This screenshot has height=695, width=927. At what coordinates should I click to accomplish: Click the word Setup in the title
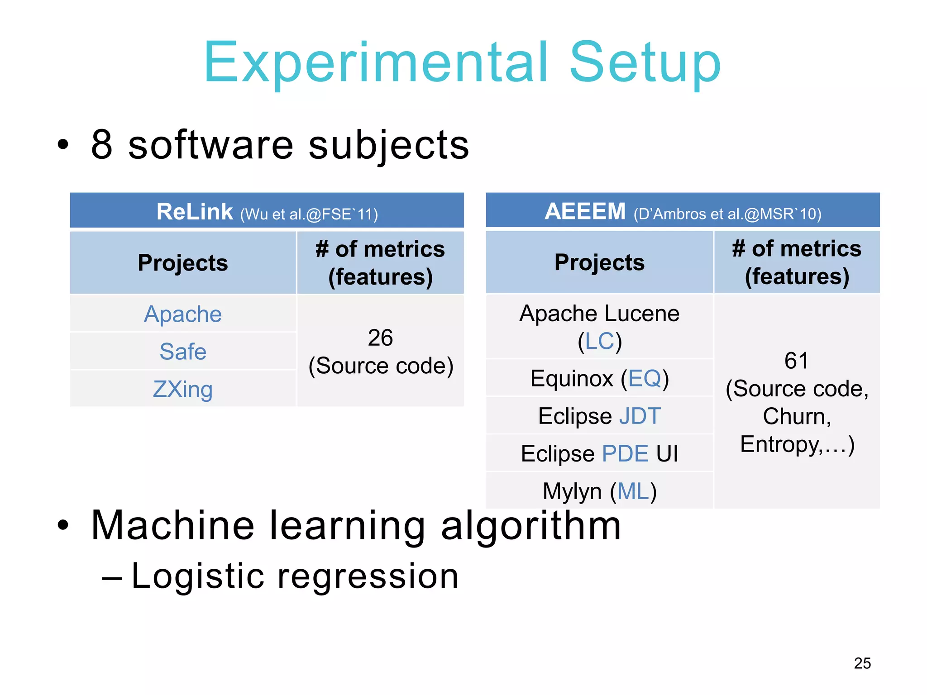[x=645, y=63]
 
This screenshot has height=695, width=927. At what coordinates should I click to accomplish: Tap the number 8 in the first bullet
[x=101, y=144]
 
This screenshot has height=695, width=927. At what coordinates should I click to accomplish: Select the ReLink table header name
[x=195, y=212]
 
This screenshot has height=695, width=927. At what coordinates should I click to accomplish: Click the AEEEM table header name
[x=585, y=211]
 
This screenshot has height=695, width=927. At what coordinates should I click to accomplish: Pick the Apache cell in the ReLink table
[x=183, y=314]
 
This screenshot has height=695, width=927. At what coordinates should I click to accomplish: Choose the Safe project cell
[x=183, y=352]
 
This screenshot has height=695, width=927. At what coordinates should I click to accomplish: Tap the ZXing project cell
[x=183, y=389]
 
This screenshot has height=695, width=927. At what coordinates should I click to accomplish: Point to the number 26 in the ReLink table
[x=380, y=338]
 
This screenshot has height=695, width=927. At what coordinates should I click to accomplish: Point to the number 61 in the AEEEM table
[x=796, y=361]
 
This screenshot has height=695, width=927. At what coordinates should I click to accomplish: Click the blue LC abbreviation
[x=599, y=341]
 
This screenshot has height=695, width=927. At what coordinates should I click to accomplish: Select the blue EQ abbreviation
[x=645, y=378]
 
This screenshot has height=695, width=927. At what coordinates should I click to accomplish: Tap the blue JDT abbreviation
[x=640, y=416]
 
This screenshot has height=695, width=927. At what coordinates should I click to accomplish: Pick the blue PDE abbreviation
[x=625, y=453]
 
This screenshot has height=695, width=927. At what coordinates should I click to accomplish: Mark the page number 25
[x=862, y=663]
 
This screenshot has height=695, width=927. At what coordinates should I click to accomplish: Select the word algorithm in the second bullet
[x=530, y=526]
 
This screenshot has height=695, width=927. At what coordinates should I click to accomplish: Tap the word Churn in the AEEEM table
[x=796, y=416]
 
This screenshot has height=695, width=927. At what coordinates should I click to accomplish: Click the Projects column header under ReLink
[x=183, y=263]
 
